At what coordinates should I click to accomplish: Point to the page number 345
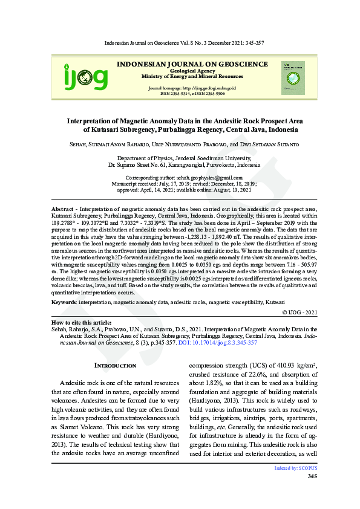pos(312,476)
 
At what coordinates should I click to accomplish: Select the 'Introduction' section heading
pos(116,366)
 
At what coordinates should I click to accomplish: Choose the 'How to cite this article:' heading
pos(85,323)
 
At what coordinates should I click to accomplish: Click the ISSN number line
pos(192,94)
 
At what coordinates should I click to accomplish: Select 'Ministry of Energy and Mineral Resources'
pos(192,77)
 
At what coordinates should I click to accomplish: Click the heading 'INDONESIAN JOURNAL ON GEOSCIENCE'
pos(192,63)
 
